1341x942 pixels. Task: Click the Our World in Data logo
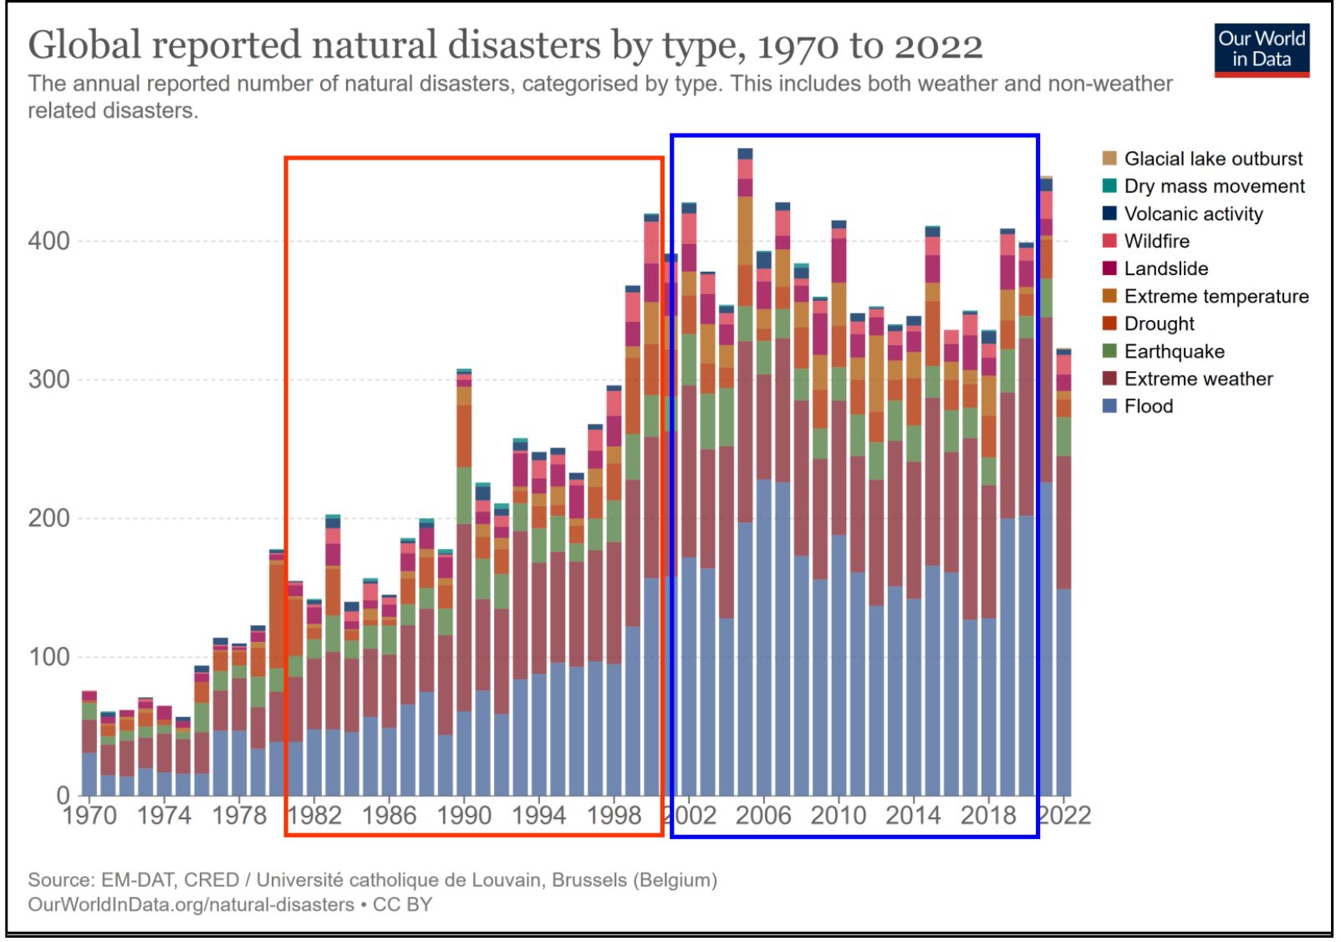point(1261,49)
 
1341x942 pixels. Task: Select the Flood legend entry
point(1147,406)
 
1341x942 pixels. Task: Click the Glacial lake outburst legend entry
point(1212,159)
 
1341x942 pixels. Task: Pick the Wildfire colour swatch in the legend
point(1109,242)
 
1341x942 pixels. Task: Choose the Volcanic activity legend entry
point(1192,214)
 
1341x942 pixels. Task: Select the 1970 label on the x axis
point(89,815)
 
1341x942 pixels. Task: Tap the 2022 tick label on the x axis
point(1063,815)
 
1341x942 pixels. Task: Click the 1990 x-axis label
point(464,815)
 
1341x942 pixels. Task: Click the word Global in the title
point(84,45)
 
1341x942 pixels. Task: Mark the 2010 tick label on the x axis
point(838,815)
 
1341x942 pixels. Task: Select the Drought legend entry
point(1158,324)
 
